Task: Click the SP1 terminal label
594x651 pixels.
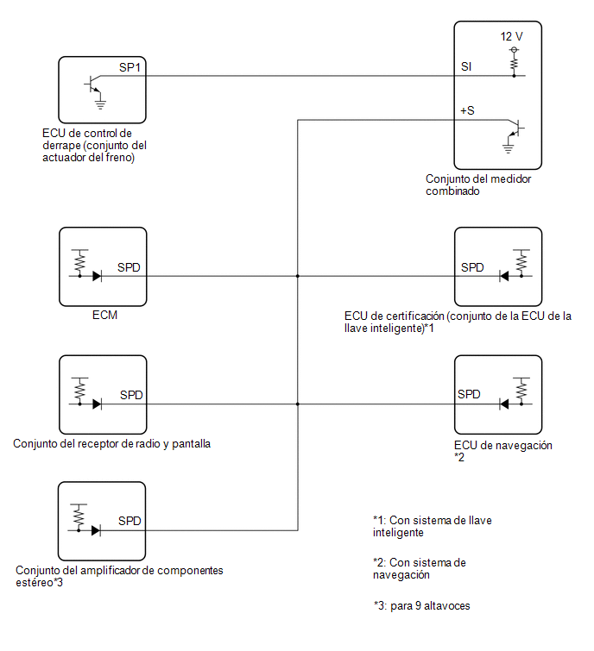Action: click(130, 67)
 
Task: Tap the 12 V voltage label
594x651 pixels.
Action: click(511, 36)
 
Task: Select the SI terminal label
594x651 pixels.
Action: click(466, 66)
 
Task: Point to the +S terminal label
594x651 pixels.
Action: click(467, 110)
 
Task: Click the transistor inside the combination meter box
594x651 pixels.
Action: click(515, 128)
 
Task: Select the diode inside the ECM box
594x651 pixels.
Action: click(97, 276)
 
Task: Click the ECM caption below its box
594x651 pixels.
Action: click(104, 315)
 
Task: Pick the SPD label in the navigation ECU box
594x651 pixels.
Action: click(469, 394)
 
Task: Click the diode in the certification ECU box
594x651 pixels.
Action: click(504, 276)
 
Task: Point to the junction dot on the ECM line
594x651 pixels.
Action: click(298, 276)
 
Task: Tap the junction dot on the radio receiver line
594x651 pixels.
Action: click(298, 404)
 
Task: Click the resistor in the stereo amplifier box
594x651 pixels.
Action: click(79, 516)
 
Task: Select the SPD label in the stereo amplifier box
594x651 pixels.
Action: click(130, 521)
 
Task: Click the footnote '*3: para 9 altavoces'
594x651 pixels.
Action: click(421, 606)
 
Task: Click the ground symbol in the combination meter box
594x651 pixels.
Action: click(508, 148)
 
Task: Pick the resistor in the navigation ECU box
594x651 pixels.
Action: click(521, 390)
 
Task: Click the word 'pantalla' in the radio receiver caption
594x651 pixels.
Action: click(191, 444)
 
